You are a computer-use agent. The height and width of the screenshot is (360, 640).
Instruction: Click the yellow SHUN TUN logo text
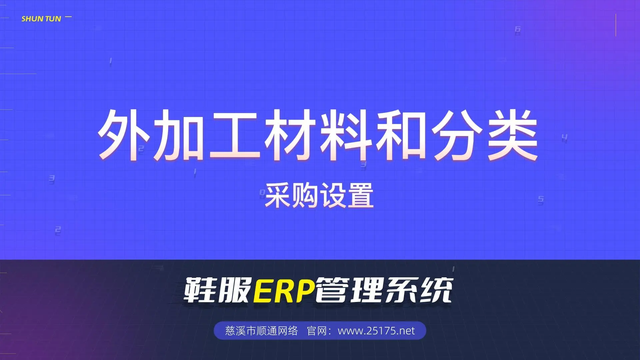point(41,19)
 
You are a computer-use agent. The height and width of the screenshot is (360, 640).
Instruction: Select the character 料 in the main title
point(346,135)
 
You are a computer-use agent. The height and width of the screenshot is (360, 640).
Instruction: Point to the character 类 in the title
point(512,135)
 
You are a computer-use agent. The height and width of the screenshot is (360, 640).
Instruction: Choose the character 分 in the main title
point(457,135)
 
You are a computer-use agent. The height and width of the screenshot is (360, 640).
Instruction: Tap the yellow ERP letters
point(284,290)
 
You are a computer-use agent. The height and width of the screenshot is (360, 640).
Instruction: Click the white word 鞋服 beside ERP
point(217,290)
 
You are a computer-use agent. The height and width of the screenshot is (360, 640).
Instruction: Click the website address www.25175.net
point(376,331)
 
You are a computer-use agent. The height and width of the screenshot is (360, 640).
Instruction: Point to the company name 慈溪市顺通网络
point(261,331)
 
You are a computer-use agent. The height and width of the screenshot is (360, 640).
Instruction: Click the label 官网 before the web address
point(316,331)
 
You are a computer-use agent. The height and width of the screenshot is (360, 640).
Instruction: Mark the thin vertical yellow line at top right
point(616,25)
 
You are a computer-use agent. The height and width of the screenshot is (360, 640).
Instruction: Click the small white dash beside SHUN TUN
point(68,17)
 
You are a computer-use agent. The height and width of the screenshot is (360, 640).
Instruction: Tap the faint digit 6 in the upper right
point(517,30)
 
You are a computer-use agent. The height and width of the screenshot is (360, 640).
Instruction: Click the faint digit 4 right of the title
point(564,137)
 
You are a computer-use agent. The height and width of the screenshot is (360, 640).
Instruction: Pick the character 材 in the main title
point(290,135)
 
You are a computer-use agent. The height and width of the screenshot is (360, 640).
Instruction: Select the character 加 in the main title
point(179,135)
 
